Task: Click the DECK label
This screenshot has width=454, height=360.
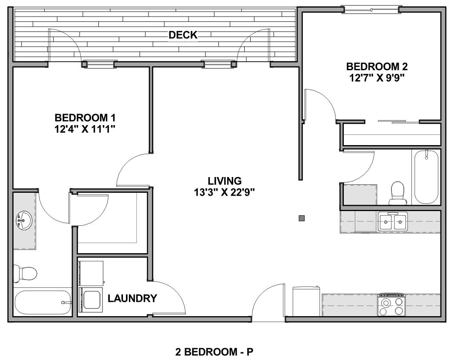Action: click(183, 35)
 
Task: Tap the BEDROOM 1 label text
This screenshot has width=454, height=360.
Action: click(85, 118)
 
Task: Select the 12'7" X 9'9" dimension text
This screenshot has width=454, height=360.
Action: click(377, 78)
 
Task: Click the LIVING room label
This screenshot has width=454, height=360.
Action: click(225, 181)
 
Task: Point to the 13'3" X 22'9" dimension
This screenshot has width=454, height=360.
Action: click(224, 192)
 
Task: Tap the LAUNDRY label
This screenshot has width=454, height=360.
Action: click(132, 298)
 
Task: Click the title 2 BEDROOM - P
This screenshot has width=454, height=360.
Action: click(214, 352)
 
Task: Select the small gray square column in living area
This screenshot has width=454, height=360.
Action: click(302, 218)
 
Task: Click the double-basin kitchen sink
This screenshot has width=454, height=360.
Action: click(393, 221)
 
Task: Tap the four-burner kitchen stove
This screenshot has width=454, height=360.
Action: click(391, 305)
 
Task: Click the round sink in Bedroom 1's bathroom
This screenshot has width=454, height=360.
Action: click(24, 220)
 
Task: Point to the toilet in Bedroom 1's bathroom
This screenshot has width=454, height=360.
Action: click(25, 273)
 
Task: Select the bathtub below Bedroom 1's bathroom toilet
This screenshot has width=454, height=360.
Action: click(43, 303)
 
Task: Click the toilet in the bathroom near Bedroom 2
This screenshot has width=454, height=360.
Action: click(397, 193)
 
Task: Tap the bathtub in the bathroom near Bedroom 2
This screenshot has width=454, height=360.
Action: click(426, 177)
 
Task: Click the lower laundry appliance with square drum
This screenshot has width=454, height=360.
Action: click(91, 300)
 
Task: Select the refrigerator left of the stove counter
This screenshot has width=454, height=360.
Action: click(306, 301)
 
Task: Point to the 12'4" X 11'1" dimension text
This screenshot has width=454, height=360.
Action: click(85, 129)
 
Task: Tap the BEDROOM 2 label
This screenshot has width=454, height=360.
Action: click(377, 67)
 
